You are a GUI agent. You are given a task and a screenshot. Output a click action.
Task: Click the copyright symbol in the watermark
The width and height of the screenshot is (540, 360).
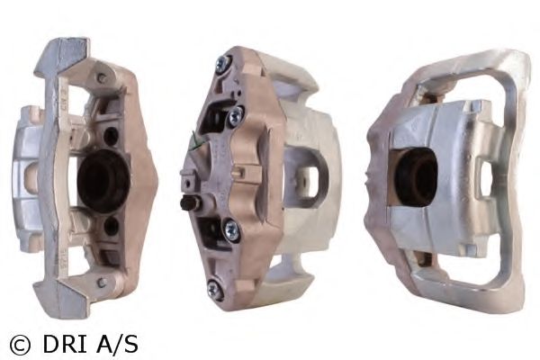point(19,344)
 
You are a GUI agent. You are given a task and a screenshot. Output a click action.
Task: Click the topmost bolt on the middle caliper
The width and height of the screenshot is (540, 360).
point(221,64)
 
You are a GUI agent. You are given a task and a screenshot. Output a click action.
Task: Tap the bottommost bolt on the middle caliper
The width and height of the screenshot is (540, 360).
point(215,289)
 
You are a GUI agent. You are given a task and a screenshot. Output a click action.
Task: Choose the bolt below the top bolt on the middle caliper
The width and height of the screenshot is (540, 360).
point(236,117)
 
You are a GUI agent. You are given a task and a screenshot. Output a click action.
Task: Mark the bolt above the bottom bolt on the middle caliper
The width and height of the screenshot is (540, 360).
point(229,230)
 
